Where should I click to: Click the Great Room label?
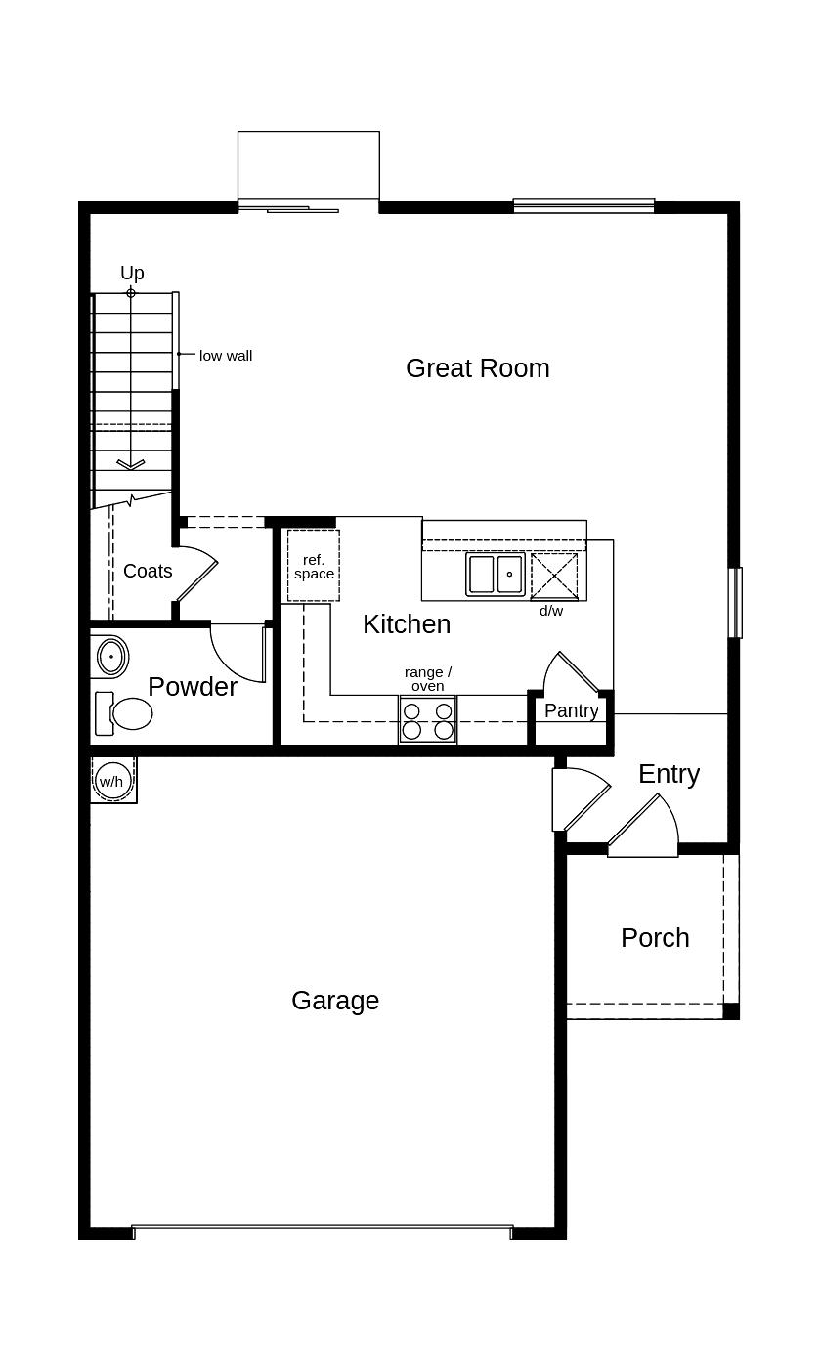[x=478, y=368]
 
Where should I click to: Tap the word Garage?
[x=335, y=1002]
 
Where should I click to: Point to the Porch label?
[x=655, y=938]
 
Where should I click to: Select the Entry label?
[x=670, y=775]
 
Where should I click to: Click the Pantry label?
[x=571, y=710]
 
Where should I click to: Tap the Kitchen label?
[x=407, y=624]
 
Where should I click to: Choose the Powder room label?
[x=193, y=687]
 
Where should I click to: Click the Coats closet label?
[x=148, y=571]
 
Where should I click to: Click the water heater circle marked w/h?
[x=111, y=781]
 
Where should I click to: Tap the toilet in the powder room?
[x=124, y=713]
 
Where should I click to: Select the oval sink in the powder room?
[x=112, y=656]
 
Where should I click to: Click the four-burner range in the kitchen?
[x=428, y=720]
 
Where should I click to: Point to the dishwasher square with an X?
[x=554, y=576]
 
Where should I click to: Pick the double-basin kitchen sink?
[x=496, y=575]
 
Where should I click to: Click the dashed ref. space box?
[x=314, y=566]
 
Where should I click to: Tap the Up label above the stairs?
[x=132, y=273]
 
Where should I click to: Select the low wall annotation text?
[x=226, y=356]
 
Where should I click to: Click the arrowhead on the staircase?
[x=131, y=464]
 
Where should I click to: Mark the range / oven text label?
[x=428, y=679]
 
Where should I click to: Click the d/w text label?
[x=551, y=610]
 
